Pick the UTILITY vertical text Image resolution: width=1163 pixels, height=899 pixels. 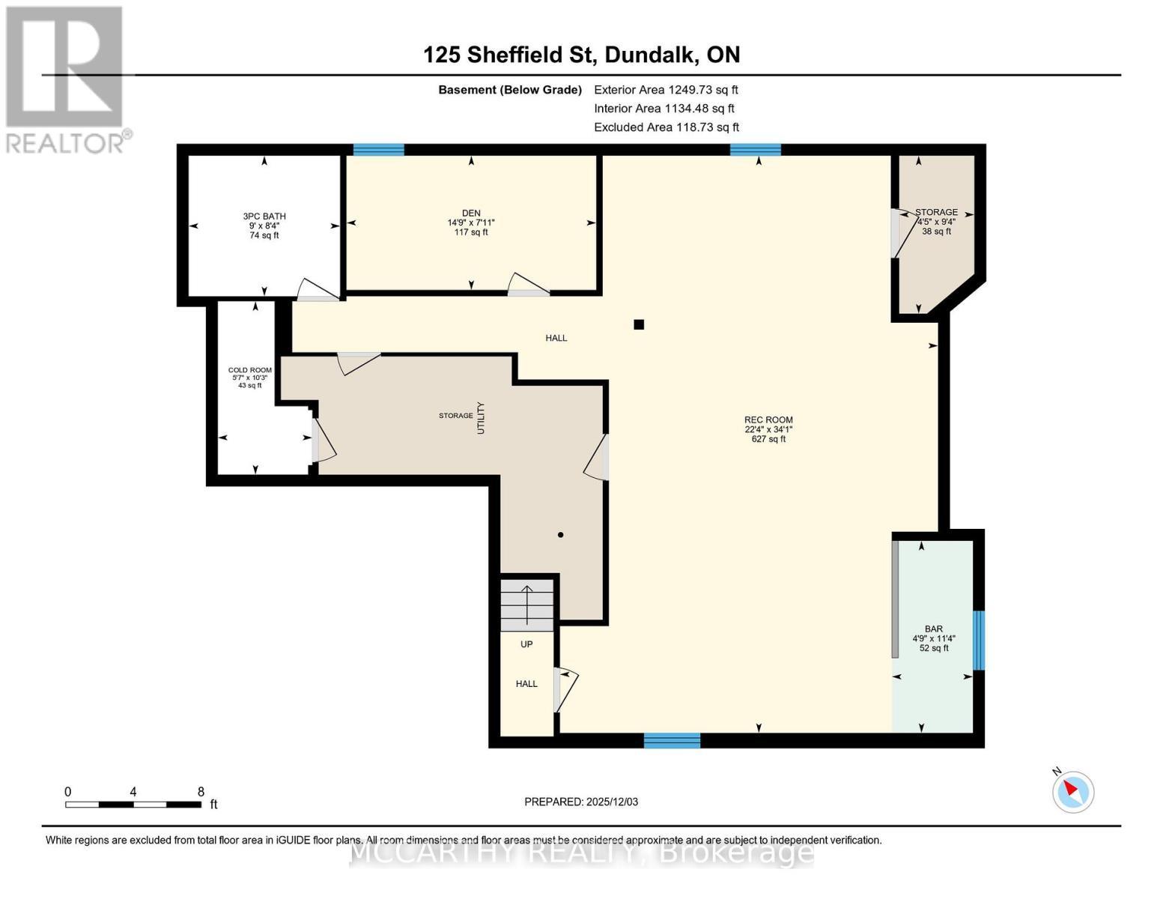(x=482, y=418)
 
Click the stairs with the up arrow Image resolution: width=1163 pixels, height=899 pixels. (x=527, y=604)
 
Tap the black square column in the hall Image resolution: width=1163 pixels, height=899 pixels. (x=639, y=324)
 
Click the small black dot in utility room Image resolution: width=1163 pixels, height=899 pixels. (x=560, y=535)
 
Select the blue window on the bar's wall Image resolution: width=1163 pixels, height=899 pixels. (x=978, y=640)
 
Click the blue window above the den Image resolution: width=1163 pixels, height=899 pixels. (x=378, y=150)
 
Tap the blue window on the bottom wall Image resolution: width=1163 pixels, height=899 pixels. (x=672, y=741)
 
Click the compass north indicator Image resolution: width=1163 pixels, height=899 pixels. (x=1073, y=791)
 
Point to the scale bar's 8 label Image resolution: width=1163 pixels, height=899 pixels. (x=201, y=792)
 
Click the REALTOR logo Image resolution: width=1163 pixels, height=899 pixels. (x=66, y=79)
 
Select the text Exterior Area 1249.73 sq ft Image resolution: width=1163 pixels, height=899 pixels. (x=666, y=90)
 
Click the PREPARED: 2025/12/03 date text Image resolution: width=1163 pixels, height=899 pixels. (x=581, y=802)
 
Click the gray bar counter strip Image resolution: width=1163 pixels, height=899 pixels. (x=895, y=599)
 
